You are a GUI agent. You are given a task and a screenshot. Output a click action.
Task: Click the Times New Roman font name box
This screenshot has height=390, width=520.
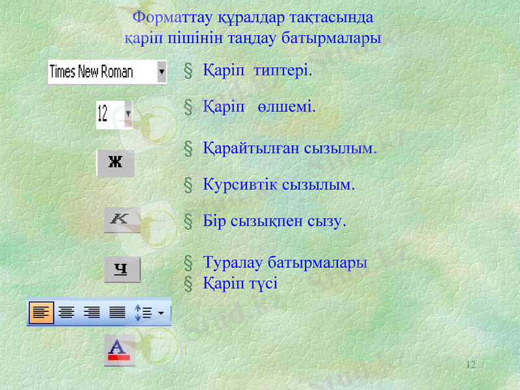[101, 72]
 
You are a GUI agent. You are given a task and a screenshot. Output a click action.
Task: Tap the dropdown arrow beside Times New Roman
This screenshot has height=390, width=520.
[161, 72]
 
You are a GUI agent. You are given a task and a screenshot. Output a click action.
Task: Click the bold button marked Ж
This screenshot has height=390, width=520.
[116, 163]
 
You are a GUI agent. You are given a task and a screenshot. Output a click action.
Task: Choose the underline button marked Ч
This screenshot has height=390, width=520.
[122, 269]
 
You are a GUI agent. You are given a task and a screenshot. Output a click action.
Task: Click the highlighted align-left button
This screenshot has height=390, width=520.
[40, 313]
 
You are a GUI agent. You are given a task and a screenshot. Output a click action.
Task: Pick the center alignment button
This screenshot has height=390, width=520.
[66, 313]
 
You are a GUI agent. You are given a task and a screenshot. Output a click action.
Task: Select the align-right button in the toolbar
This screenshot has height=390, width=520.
[92, 313]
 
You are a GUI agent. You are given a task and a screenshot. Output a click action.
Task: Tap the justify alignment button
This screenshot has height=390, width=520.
[117, 313]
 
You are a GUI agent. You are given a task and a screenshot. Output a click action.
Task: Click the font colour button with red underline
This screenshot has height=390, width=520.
[120, 350]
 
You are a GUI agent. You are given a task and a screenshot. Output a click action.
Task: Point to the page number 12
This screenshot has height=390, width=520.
[471, 365]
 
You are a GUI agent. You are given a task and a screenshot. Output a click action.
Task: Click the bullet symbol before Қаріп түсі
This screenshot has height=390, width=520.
[188, 283]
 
